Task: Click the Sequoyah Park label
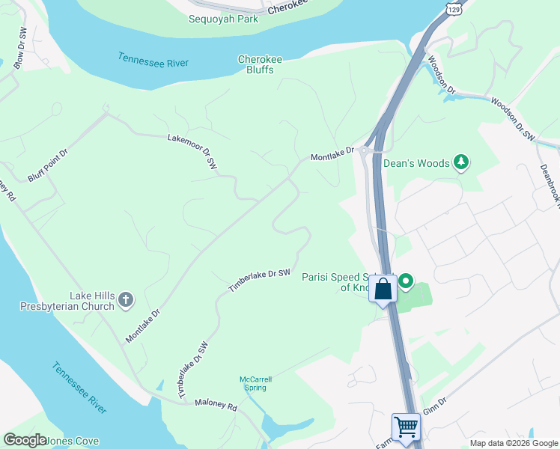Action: pos(223,19)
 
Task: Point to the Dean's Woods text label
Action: pos(416,163)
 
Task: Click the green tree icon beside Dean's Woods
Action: pos(463,162)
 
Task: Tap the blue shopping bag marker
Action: pos(383,289)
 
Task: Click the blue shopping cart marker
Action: pos(406,427)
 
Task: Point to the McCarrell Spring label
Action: pos(256,383)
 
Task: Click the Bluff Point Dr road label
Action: pos(48,163)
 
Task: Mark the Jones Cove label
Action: pos(73,441)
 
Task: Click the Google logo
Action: pos(25,440)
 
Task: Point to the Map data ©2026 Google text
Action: pos(514,443)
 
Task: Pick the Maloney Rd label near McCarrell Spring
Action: pos(216,407)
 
